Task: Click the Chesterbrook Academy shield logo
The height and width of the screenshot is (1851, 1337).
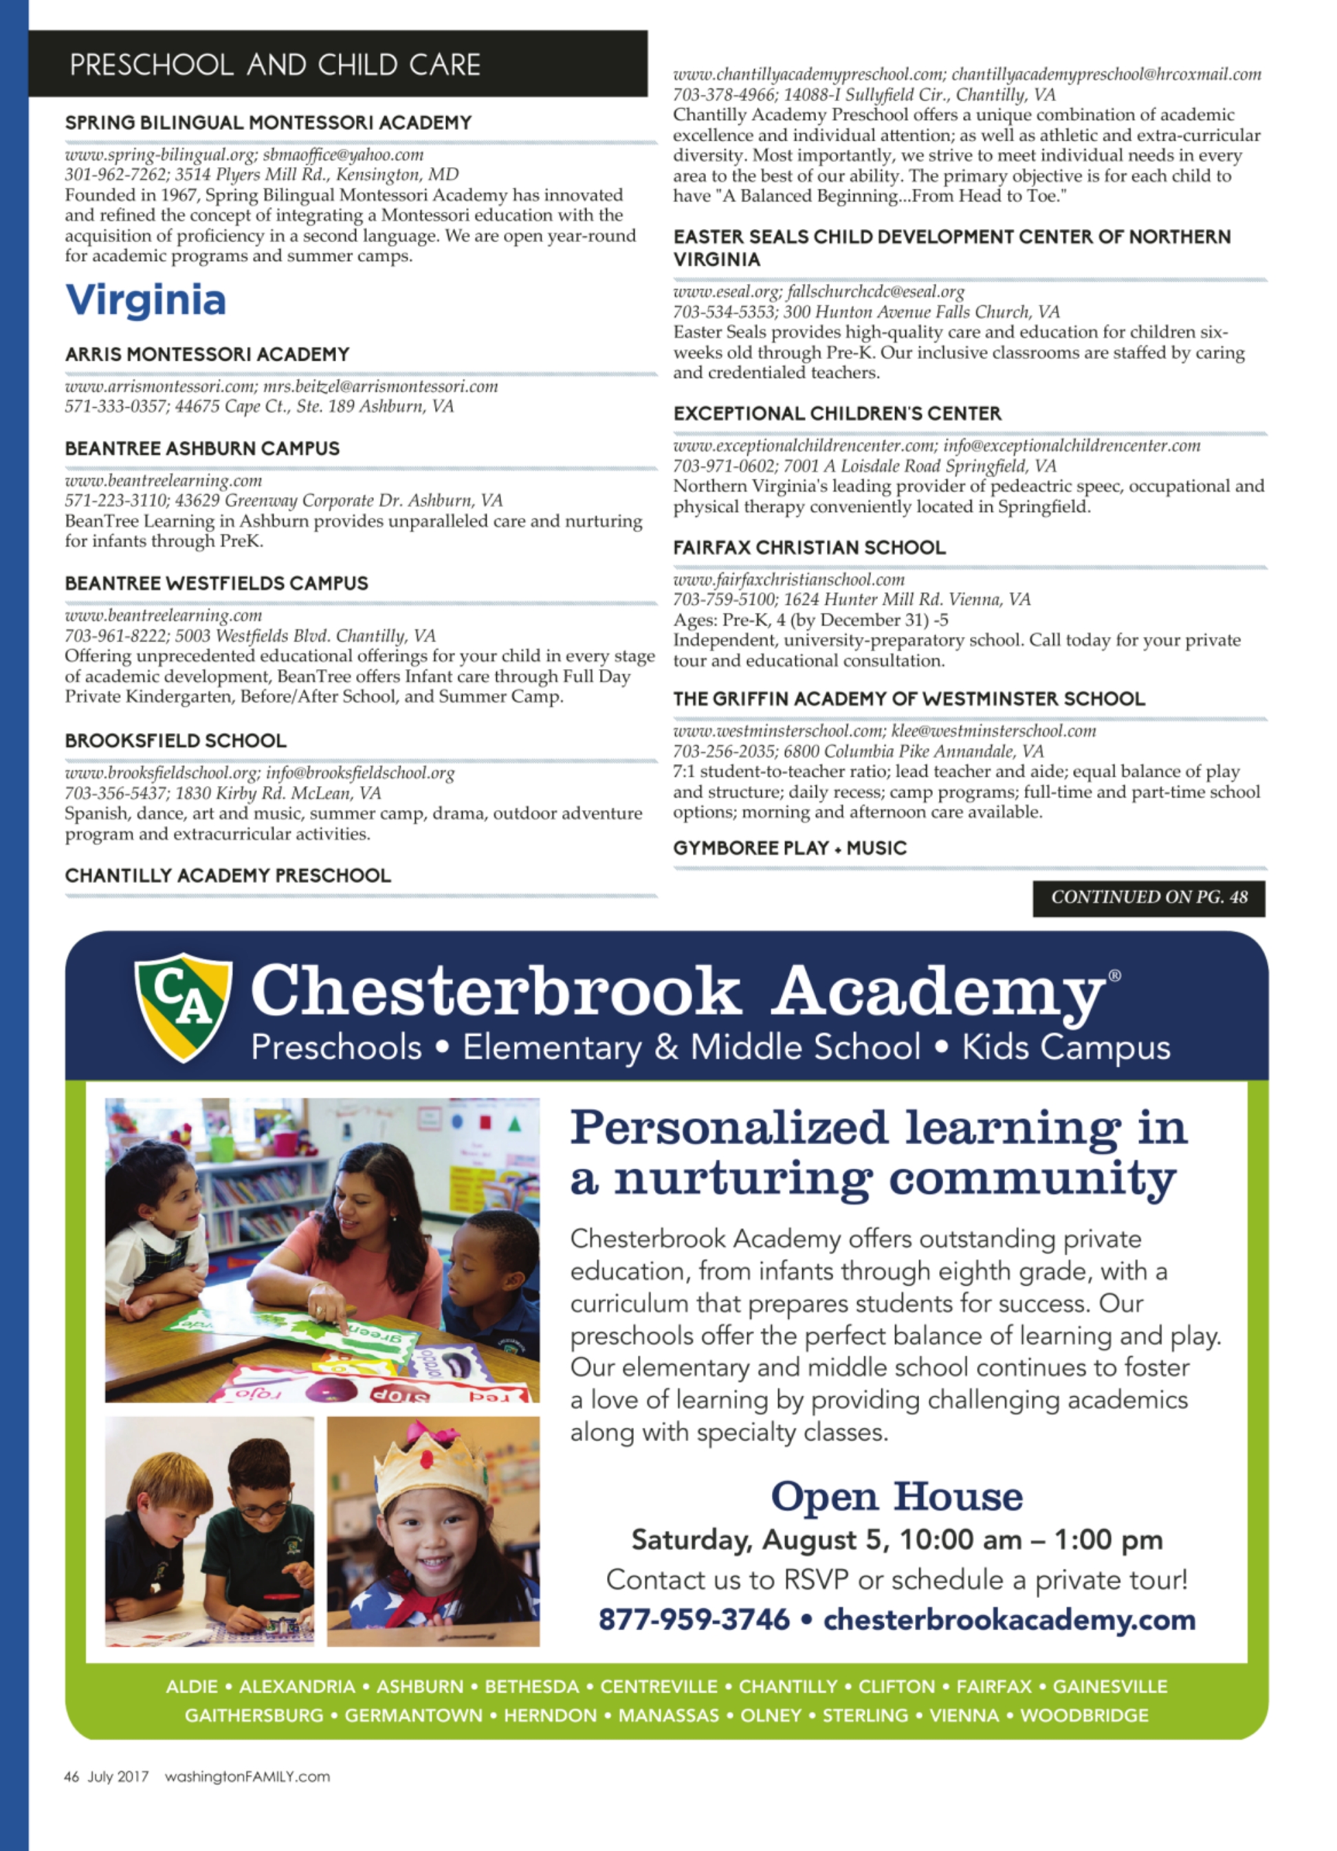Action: [x=183, y=1007]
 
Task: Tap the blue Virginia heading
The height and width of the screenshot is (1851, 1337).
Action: [x=145, y=300]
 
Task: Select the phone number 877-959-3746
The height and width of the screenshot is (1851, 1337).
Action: [x=694, y=1619]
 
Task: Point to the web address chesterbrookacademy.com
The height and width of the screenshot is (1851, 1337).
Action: [x=1009, y=1619]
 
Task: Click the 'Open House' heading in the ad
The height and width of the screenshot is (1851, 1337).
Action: [x=896, y=1497]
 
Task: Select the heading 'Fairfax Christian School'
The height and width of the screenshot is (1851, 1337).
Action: [x=809, y=547]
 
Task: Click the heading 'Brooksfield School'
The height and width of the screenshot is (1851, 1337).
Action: [x=175, y=741]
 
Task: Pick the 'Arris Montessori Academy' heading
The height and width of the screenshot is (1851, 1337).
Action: [x=207, y=354]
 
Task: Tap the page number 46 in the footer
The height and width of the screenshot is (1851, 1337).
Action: [x=71, y=1776]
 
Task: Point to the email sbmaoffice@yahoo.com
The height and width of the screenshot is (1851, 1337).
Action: [x=344, y=154]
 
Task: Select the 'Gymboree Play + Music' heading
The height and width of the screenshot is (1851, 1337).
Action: [x=790, y=848]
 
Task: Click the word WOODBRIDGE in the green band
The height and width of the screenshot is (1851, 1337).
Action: [x=1083, y=1715]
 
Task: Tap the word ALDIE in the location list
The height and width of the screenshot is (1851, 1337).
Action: [x=192, y=1685]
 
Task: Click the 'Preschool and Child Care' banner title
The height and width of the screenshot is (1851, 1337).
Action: [x=275, y=65]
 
